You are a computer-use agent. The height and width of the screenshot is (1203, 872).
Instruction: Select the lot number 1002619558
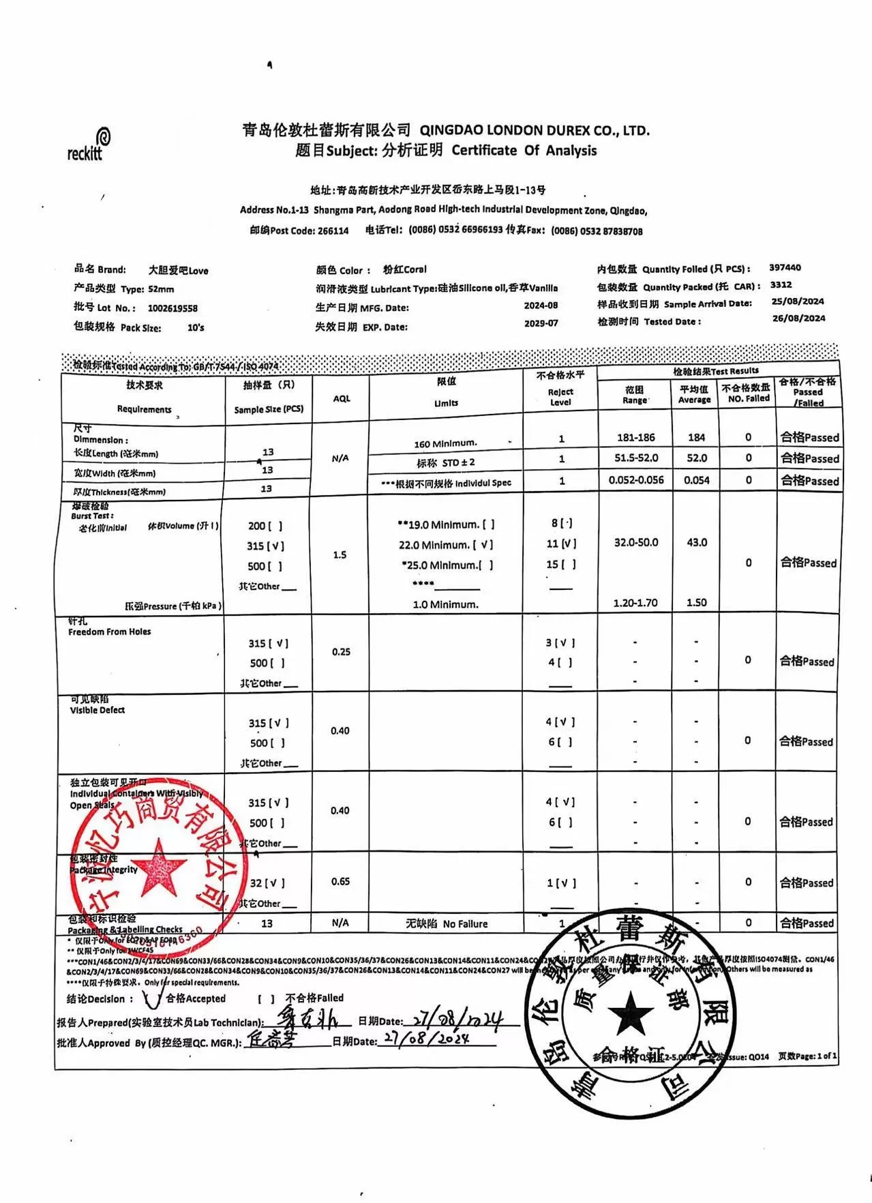point(172,308)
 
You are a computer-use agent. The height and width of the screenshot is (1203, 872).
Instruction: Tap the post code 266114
point(333,231)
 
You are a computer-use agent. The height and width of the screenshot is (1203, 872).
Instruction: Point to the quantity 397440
point(785,268)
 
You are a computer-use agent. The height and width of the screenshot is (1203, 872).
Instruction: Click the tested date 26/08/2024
point(798,318)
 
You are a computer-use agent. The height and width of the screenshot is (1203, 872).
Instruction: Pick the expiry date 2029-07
point(541,323)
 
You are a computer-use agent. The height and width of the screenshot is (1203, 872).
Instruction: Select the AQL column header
point(342,398)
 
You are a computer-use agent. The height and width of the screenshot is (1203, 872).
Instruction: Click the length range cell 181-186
point(635,438)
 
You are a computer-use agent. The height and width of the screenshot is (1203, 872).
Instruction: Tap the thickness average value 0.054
point(697,480)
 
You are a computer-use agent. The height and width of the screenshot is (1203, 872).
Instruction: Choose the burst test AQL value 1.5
point(340,555)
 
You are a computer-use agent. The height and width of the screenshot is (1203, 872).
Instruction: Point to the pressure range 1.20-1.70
point(635,603)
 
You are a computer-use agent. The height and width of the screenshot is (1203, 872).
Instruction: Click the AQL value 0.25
point(342,652)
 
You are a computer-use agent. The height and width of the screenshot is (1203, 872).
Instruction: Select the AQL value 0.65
point(341,882)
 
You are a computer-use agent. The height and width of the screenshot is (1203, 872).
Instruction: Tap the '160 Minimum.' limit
point(445,444)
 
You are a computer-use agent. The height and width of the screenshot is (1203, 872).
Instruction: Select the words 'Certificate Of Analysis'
point(524,151)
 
